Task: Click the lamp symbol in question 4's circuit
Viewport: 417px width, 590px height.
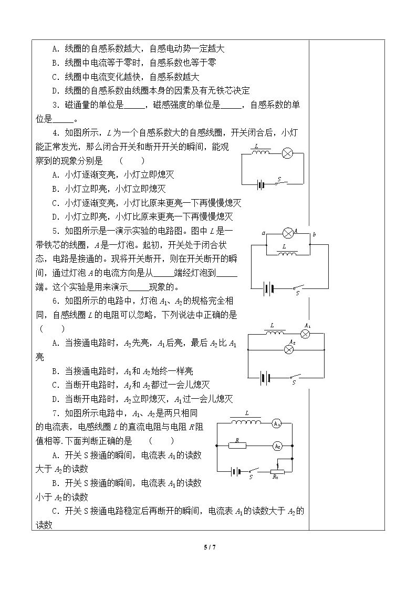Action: (288, 153)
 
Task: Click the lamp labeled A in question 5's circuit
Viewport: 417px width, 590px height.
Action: (288, 233)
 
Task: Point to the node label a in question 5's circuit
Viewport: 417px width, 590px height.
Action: (264, 233)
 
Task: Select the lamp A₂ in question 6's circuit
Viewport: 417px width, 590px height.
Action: (288, 350)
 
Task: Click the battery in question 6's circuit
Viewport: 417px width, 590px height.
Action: (265, 377)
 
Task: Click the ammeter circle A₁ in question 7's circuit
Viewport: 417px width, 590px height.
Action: (277, 423)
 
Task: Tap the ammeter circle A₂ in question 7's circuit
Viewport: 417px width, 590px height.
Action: (277, 446)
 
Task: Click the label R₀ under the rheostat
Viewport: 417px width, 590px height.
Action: (275, 477)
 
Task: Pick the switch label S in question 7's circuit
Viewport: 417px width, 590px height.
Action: (251, 477)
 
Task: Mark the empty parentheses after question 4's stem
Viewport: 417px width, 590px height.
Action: (132, 161)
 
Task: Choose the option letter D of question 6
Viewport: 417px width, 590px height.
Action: (55, 399)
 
